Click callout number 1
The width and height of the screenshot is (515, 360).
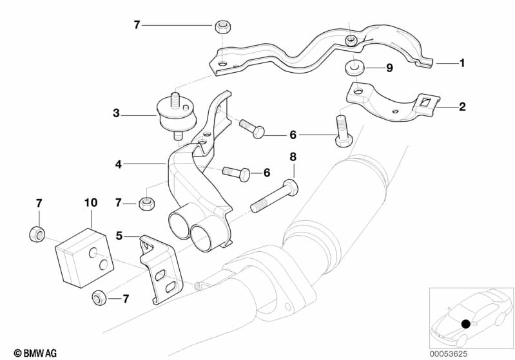(x=462, y=63)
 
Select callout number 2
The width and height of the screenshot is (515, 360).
(x=462, y=107)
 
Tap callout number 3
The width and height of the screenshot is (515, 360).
(x=116, y=113)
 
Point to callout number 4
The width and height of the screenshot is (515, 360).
(x=118, y=164)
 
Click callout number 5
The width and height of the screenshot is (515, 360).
(x=119, y=236)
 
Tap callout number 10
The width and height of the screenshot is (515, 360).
(x=90, y=202)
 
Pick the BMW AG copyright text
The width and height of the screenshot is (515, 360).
(x=32, y=352)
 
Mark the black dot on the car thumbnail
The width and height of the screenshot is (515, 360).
(x=465, y=325)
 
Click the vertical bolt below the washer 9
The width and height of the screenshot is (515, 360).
(x=342, y=130)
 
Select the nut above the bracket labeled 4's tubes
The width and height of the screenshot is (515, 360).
(x=146, y=204)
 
